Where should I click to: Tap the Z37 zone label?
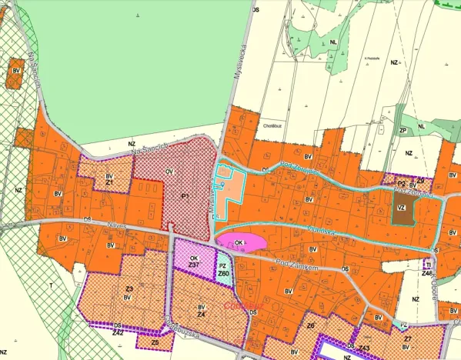tap(194, 265)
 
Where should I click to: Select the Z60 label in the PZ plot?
tap(223, 273)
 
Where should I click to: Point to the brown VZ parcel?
tap(401, 208)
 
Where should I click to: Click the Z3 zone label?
tap(129, 288)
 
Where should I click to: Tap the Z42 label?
tap(118, 332)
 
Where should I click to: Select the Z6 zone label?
tap(310, 326)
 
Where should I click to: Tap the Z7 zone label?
tap(408, 338)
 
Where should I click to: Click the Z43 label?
tap(365, 348)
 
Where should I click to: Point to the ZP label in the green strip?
tap(402, 131)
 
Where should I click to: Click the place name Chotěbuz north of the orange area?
tap(275, 122)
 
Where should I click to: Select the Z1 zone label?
tap(109, 182)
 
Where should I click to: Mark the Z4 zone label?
tap(201, 315)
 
